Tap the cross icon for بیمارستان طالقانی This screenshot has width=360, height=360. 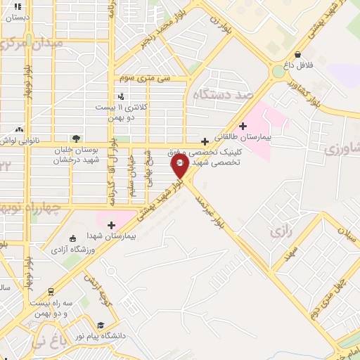pos(243,127)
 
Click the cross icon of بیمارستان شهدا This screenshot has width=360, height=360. pos(111,225)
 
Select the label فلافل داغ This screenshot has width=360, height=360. pos(298,65)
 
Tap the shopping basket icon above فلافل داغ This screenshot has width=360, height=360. pos(298,54)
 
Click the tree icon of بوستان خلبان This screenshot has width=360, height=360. pos(76,139)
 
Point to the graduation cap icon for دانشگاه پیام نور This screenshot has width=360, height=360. pos(101,326)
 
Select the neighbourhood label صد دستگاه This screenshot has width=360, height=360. pos(224,93)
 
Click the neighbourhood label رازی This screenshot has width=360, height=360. pos(280,231)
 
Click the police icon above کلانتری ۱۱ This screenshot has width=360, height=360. pos(121,96)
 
